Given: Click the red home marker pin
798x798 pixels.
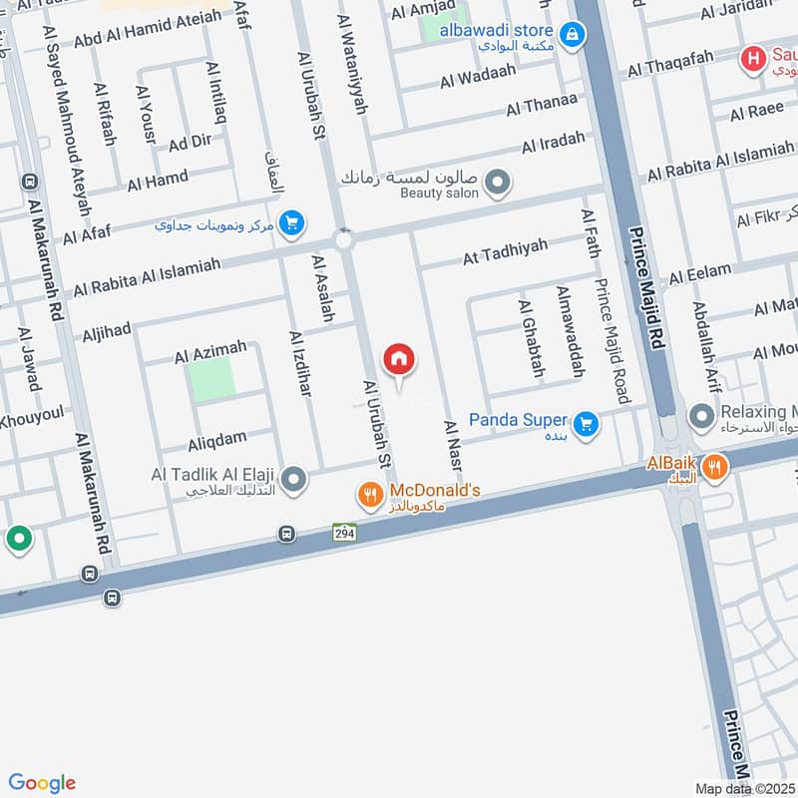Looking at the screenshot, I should [x=399, y=360].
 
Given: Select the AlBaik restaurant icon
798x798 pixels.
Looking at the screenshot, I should [x=713, y=466].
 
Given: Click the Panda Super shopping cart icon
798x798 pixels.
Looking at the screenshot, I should [x=588, y=423].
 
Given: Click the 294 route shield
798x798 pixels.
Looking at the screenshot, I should [x=344, y=532].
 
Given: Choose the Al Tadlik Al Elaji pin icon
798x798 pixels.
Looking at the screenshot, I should [x=293, y=481].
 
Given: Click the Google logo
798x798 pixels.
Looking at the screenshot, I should [x=42, y=783].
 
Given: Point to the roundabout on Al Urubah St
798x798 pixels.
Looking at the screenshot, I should [x=344, y=240].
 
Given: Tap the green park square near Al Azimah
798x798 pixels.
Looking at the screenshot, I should [x=212, y=379].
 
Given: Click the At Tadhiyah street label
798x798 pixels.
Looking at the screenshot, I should [x=505, y=251].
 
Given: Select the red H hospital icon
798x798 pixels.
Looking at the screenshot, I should [x=753, y=60].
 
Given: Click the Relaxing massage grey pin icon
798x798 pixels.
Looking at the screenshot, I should [x=703, y=413].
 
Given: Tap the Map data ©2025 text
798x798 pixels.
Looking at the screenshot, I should [x=743, y=788].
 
